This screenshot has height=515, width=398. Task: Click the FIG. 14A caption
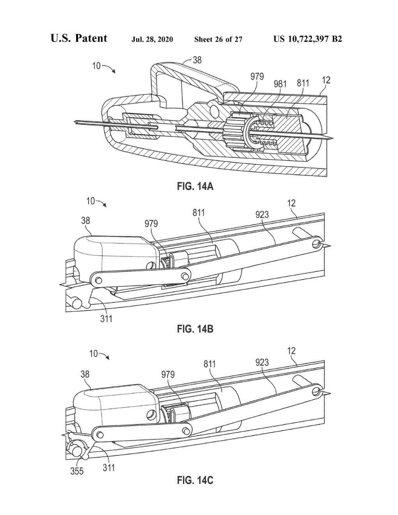tap(195, 186)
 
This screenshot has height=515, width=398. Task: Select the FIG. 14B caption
tap(195, 329)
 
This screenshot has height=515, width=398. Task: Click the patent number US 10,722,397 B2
tap(308, 39)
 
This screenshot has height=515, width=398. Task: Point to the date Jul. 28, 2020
tap(152, 39)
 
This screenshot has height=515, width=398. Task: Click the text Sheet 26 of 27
tap(219, 39)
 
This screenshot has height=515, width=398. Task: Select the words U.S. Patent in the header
tap(79, 38)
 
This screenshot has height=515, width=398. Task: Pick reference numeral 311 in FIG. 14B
tap(106, 319)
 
